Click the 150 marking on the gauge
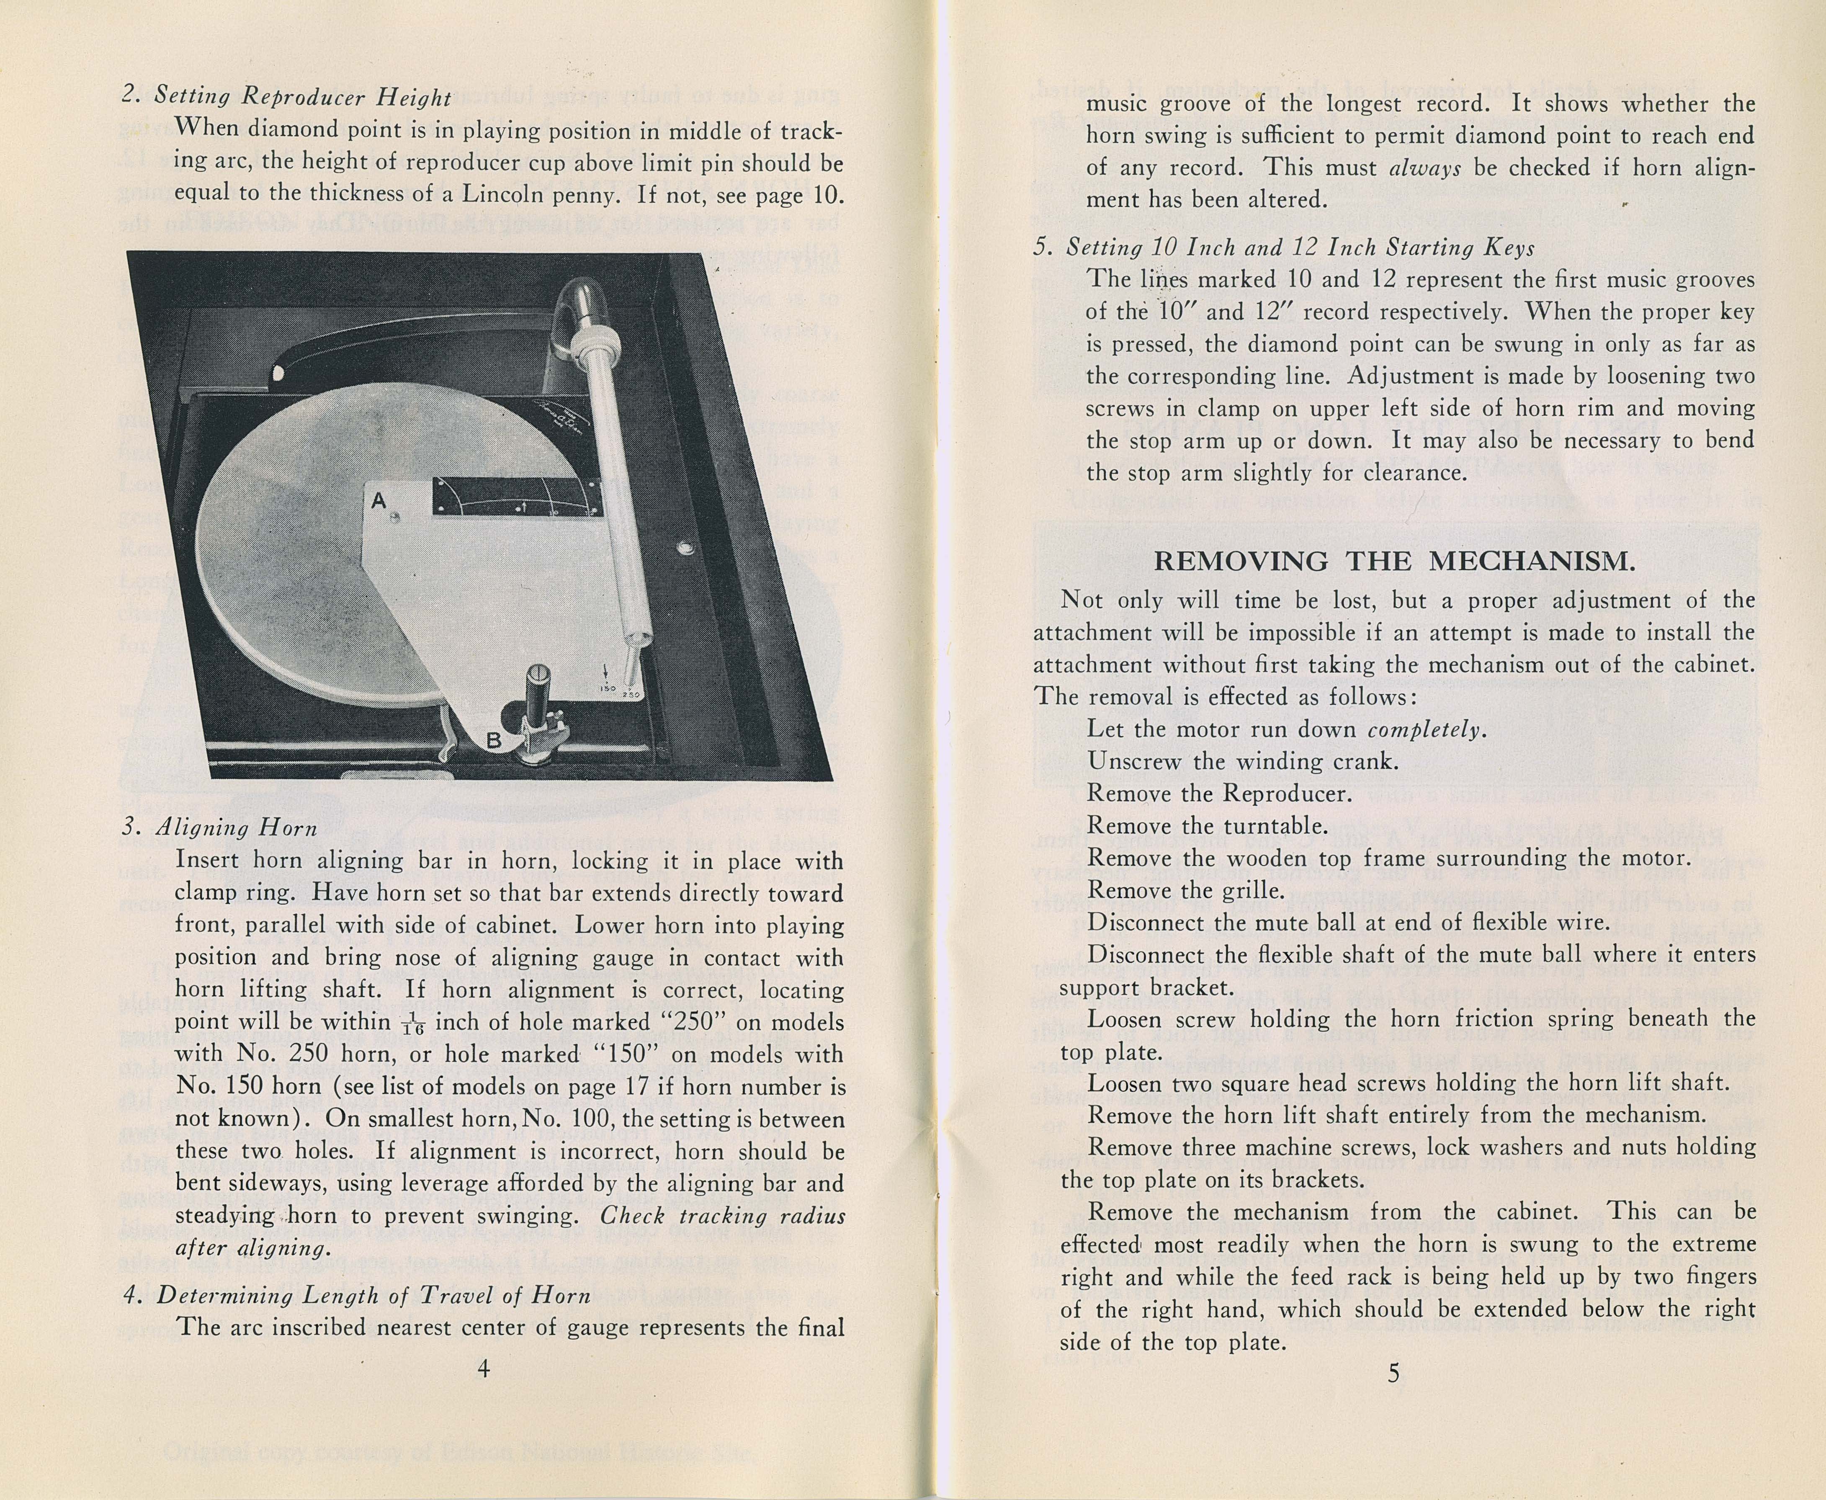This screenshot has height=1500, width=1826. tap(607, 689)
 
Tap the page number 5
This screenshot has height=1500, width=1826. tap(1393, 1373)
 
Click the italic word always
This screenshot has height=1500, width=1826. tap(1425, 168)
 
